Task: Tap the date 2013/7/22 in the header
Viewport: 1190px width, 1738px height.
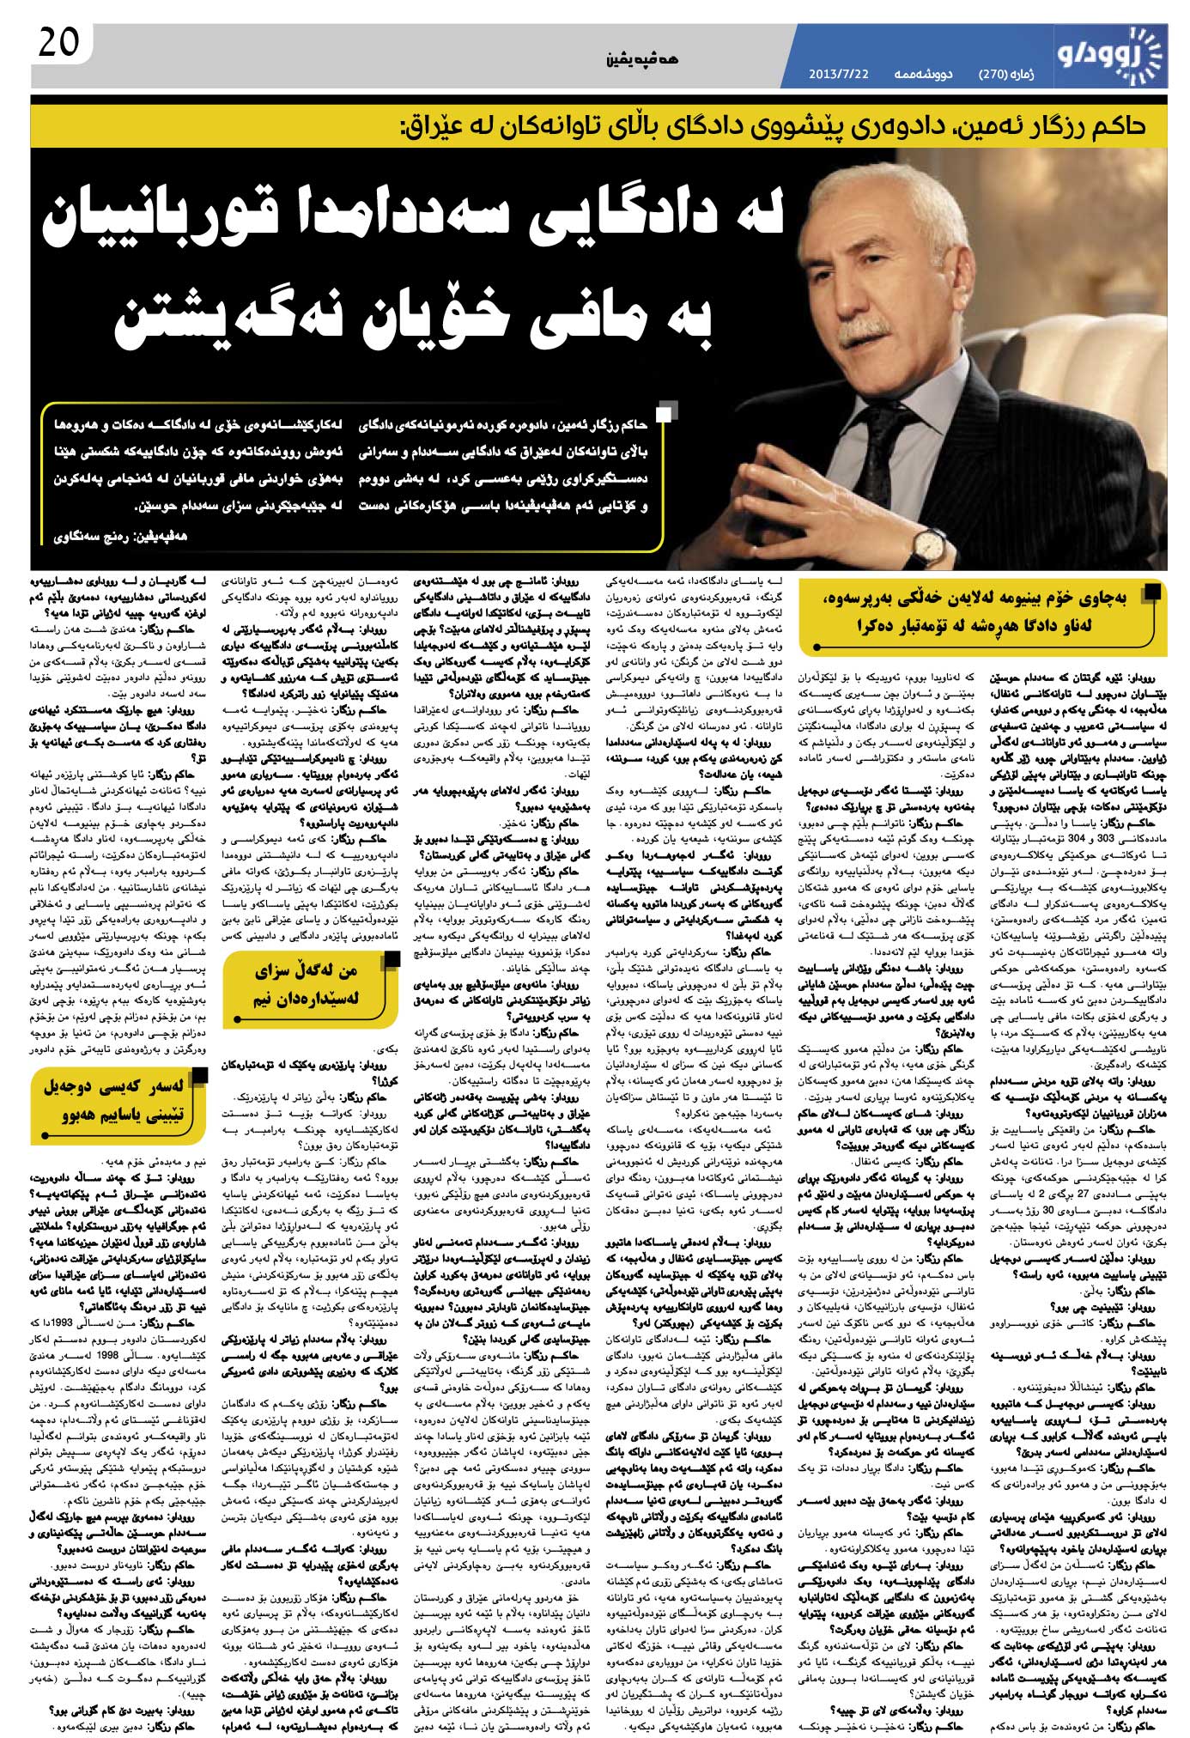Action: click(838, 75)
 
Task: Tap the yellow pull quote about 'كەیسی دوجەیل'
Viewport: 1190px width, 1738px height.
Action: click(121, 1103)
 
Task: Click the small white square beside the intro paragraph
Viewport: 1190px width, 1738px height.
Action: click(665, 416)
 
